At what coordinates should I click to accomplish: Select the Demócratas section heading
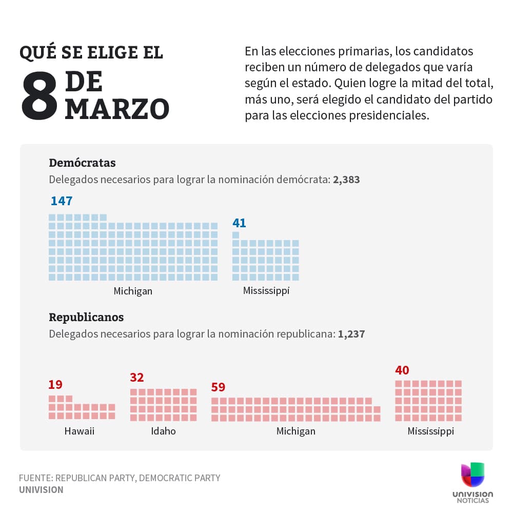click(x=82, y=163)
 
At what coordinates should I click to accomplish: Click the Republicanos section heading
click(x=86, y=317)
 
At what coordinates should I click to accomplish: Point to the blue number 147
click(x=62, y=201)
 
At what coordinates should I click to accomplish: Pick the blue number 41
click(x=239, y=223)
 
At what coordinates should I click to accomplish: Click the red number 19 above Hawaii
click(x=55, y=384)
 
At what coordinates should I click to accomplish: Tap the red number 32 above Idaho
click(x=136, y=378)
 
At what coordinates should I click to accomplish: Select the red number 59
click(x=218, y=387)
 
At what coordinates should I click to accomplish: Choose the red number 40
click(x=402, y=370)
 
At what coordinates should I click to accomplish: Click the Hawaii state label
click(x=80, y=431)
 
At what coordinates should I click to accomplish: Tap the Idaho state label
click(x=163, y=431)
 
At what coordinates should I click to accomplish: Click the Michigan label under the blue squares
click(x=133, y=291)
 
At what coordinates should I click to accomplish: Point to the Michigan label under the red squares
click(x=296, y=431)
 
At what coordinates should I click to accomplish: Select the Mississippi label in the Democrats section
click(x=266, y=291)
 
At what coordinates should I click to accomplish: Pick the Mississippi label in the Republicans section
click(x=430, y=431)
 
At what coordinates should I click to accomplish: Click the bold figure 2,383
click(x=346, y=180)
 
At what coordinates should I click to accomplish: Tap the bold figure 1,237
click(x=351, y=334)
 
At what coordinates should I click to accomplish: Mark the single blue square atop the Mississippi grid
click(x=235, y=235)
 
